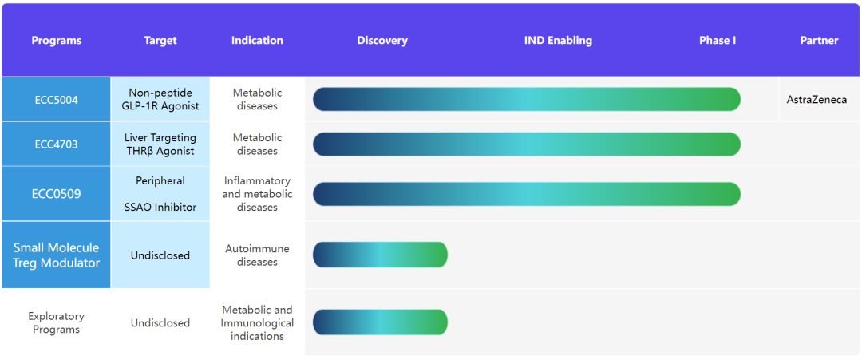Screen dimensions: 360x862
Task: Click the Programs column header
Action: coord(56,41)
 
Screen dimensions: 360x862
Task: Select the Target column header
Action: coord(160,41)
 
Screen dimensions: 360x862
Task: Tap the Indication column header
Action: coord(257,41)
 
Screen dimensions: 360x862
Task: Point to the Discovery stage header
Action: coord(382,41)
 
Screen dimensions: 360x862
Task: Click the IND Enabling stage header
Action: coord(558,41)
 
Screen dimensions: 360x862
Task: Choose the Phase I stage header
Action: coord(718,41)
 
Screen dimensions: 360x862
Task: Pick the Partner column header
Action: coord(819,41)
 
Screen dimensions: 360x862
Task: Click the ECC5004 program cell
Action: coord(56,100)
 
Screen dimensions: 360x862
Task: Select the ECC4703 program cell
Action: coord(56,144)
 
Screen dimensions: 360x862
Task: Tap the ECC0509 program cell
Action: coord(56,194)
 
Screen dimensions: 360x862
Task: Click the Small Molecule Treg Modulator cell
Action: coord(56,255)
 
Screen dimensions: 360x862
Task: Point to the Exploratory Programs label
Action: coord(56,322)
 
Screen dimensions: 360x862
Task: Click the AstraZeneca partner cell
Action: coord(817,100)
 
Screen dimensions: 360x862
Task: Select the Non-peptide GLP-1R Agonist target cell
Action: coord(160,100)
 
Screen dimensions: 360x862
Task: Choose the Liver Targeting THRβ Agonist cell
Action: coord(160,144)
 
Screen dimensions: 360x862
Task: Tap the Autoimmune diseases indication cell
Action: coord(257,255)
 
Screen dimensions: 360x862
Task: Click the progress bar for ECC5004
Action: coord(527,100)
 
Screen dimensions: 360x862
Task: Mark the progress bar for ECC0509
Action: coord(527,194)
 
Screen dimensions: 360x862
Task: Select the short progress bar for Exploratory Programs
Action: coord(380,322)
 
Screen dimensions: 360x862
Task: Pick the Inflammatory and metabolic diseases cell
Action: coord(257,194)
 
